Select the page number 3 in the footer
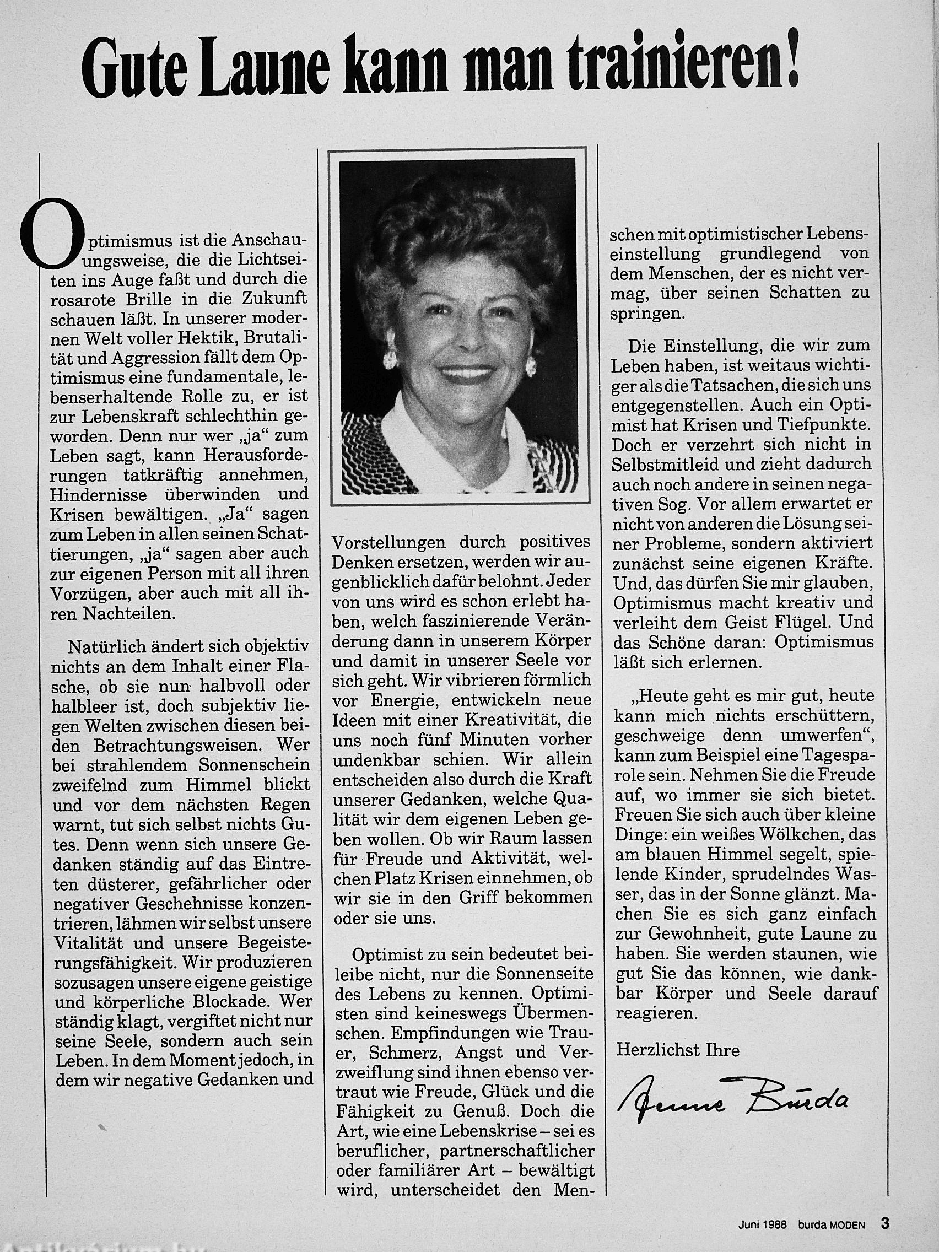tap(884, 1222)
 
